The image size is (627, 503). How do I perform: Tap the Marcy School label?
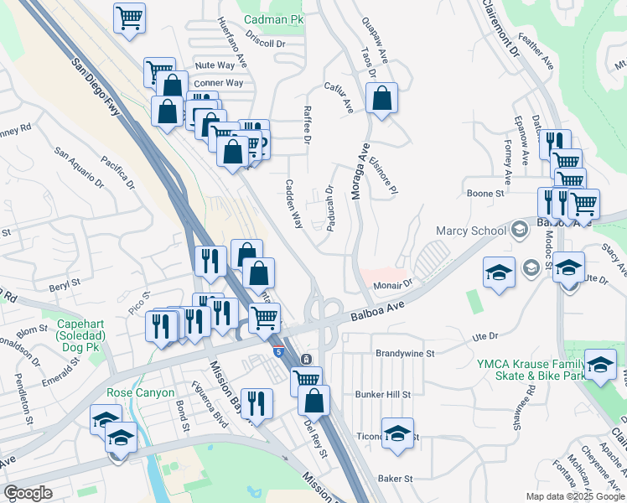pyautogui.click(x=469, y=231)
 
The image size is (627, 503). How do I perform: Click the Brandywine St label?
pyautogui.click(x=405, y=354)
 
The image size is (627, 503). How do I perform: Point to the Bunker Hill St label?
pyautogui.click(x=382, y=394)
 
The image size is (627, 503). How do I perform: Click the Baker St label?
pyautogui.click(x=396, y=479)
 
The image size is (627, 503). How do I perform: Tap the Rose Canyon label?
pyautogui.click(x=140, y=392)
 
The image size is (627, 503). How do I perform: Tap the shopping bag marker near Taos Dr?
pyautogui.click(x=381, y=98)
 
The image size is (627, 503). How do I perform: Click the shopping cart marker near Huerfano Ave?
pyautogui.click(x=129, y=17)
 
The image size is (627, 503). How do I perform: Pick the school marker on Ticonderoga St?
pyautogui.click(x=396, y=433)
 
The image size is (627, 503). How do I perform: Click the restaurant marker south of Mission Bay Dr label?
pyautogui.click(x=256, y=402)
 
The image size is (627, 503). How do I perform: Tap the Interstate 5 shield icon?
pyautogui.click(x=277, y=350)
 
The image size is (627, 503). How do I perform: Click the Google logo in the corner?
pyautogui.click(x=28, y=493)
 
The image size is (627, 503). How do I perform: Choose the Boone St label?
pyautogui.click(x=484, y=194)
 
